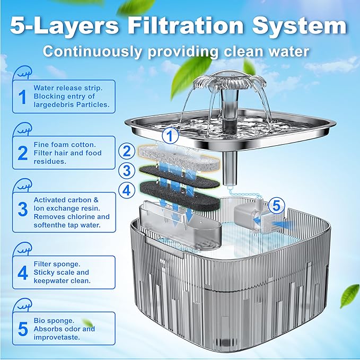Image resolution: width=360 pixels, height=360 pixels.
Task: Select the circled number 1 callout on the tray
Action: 170,136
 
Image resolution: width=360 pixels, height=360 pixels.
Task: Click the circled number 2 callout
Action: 127,151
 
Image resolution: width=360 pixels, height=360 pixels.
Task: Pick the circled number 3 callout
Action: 127,171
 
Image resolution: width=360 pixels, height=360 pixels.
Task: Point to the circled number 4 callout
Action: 127,190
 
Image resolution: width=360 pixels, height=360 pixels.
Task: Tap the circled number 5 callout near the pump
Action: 276,206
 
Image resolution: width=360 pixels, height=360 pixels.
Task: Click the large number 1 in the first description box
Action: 22,96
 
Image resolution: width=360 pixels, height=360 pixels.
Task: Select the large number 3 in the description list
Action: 22,209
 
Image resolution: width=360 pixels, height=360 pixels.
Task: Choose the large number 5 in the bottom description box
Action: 23,329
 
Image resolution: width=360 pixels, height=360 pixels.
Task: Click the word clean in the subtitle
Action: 244,51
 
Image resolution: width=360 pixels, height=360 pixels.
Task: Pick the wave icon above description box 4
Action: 22,249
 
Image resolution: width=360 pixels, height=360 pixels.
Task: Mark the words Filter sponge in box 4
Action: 57,264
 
